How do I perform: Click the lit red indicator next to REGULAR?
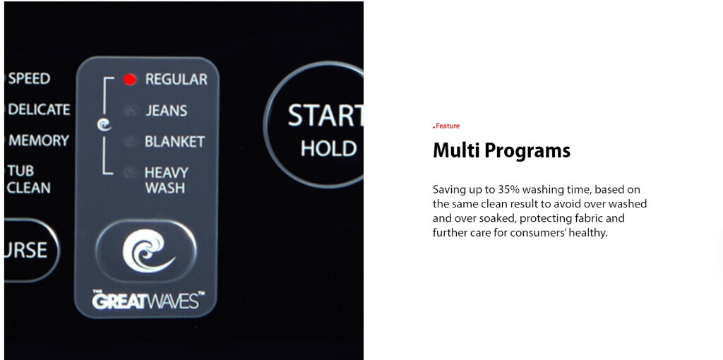[x=130, y=80]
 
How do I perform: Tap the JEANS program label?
[x=167, y=111]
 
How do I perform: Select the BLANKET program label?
[x=175, y=141]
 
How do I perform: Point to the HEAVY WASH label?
[x=167, y=180]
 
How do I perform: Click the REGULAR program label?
[x=176, y=79]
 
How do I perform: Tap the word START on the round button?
[x=325, y=116]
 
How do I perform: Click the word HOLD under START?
[x=328, y=148]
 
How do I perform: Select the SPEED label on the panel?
[x=29, y=78]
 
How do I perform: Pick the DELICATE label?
[x=40, y=109]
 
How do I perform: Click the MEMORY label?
[x=39, y=140]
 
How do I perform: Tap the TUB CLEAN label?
[x=28, y=179]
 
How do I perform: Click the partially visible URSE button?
[x=31, y=250]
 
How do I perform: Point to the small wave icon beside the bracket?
[x=104, y=124]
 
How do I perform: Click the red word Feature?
[x=447, y=126]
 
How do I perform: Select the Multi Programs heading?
[x=502, y=151]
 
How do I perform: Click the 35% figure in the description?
[x=508, y=189]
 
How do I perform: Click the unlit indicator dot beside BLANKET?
[x=130, y=141]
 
